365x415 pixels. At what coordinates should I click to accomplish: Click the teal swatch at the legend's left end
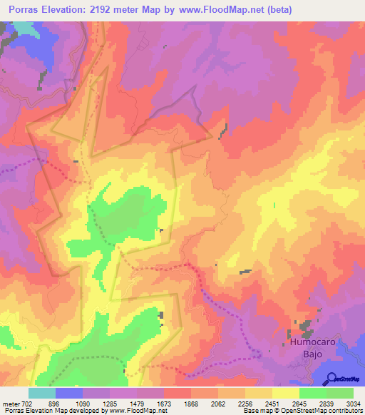coord(41,393)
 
